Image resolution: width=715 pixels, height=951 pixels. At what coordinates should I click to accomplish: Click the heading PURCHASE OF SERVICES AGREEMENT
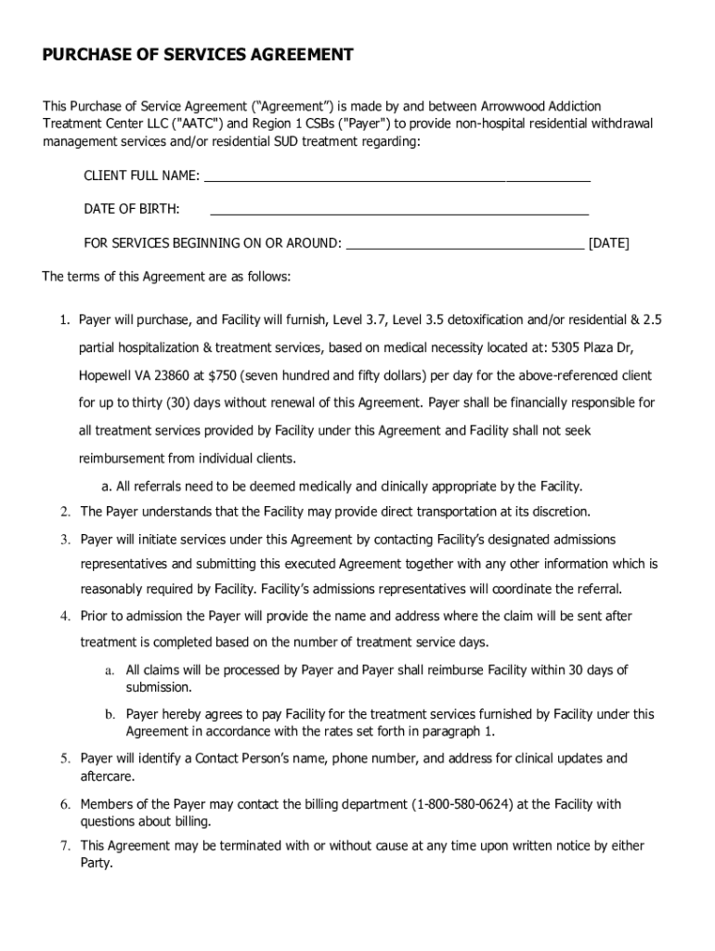(x=197, y=56)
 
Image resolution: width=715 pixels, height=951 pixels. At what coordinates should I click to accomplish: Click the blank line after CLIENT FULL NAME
(x=396, y=176)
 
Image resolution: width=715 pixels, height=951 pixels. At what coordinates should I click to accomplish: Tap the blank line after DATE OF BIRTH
(x=399, y=210)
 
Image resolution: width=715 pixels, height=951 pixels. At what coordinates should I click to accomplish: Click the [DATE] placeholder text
(x=609, y=244)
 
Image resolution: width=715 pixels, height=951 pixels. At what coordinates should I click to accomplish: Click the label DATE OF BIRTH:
(x=132, y=210)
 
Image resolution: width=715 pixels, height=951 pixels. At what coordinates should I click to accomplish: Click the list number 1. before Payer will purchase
(x=65, y=320)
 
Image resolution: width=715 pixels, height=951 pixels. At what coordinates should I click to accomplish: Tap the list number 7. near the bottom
(x=65, y=846)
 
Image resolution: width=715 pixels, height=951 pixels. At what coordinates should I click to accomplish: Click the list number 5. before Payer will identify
(x=65, y=759)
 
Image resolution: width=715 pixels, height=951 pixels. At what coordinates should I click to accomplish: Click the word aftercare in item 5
(x=106, y=776)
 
